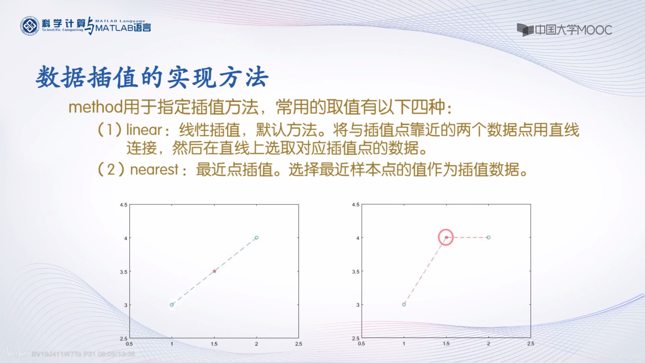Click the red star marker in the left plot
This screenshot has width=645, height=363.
(214, 271)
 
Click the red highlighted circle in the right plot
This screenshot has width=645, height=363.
(446, 237)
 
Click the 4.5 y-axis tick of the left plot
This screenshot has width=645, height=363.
(124, 205)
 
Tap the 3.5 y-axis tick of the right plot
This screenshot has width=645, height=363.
(356, 271)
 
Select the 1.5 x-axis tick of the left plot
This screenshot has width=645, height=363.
(214, 344)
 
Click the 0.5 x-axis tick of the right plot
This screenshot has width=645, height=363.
(361, 343)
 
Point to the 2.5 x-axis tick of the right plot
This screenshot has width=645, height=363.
(531, 343)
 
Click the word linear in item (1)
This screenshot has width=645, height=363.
(144, 130)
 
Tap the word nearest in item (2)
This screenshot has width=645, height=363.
(154, 170)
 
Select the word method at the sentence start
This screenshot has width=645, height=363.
(95, 107)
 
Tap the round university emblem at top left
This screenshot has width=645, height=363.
(30, 26)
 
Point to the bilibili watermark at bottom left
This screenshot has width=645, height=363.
(18, 353)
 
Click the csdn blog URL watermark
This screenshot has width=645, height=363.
(598, 357)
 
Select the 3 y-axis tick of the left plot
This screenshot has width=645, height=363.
(126, 305)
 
